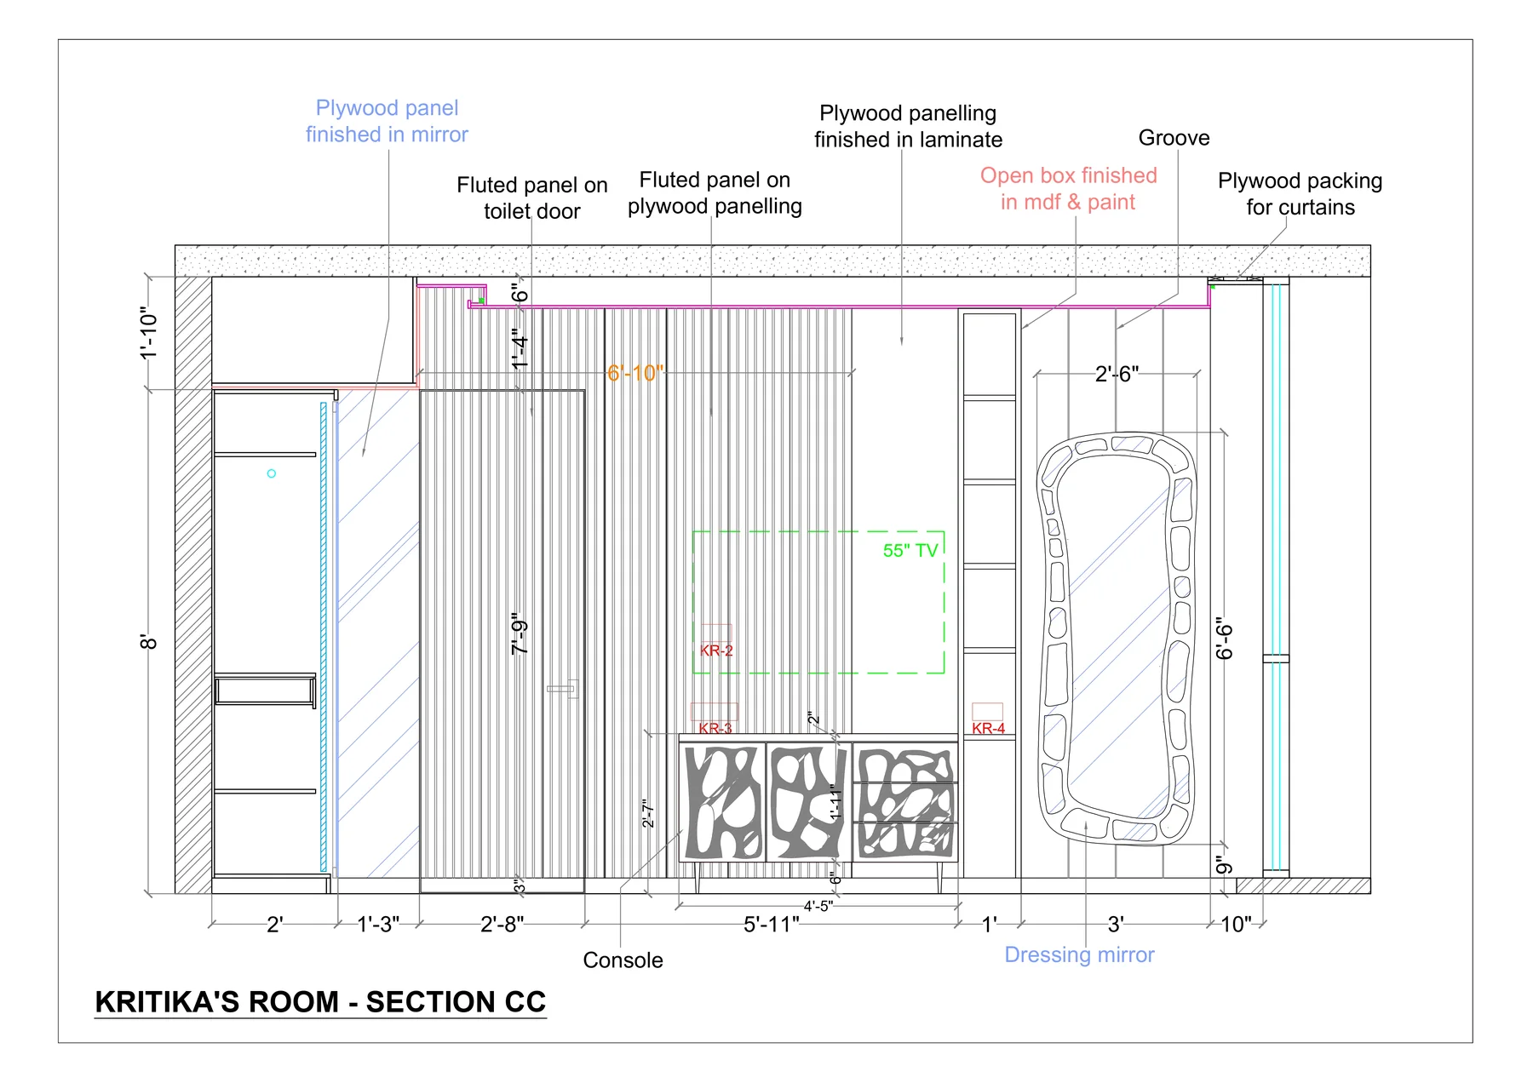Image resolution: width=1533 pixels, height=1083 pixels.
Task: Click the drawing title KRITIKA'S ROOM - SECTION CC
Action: pos(320,1002)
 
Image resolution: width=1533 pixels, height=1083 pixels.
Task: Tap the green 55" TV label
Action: pos(910,551)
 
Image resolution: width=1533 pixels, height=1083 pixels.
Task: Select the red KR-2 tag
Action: pos(716,650)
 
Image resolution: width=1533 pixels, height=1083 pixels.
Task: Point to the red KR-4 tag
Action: pos(988,729)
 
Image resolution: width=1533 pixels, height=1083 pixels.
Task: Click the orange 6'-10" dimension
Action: pos(635,373)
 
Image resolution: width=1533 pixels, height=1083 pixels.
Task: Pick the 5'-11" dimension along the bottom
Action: pos(772,925)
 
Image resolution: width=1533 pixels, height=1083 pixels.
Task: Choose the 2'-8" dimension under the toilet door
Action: pos(502,925)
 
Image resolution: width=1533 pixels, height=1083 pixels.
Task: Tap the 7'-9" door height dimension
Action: pos(520,633)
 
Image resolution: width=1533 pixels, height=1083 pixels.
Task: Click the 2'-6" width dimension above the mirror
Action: pos(1117,374)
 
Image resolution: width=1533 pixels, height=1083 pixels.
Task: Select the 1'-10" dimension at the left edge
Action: pos(149,333)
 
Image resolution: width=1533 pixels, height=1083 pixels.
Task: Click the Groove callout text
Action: pos(1174,138)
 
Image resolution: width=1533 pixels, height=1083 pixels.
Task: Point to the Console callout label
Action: pos(623,960)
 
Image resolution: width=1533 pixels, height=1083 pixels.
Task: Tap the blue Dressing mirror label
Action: pos(1079,955)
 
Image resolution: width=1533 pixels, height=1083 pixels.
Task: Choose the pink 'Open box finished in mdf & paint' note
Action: pos(1068,188)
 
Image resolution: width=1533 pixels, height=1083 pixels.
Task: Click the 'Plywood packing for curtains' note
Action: pos(1300,194)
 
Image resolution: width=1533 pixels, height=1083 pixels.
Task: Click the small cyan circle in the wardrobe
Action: pos(272,473)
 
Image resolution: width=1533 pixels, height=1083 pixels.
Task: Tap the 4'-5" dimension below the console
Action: pos(818,907)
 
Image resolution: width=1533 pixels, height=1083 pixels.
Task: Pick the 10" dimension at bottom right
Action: pos(1237,925)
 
